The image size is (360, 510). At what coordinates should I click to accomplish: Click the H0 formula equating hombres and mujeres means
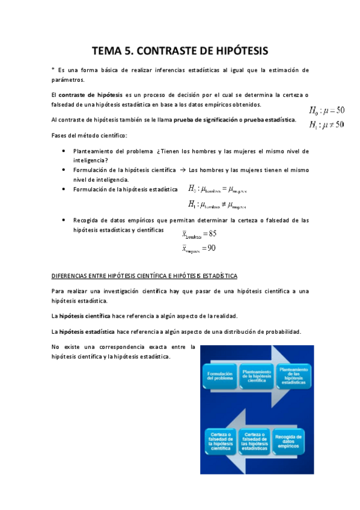tap(217, 189)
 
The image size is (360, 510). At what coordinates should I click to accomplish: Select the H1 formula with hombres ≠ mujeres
tap(217, 204)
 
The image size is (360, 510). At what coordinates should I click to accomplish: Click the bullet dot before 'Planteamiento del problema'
tap(64, 151)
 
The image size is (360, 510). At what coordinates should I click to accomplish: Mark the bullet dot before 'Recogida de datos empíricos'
tap(64, 220)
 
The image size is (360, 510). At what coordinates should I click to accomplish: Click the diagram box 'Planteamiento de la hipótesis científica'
tap(257, 376)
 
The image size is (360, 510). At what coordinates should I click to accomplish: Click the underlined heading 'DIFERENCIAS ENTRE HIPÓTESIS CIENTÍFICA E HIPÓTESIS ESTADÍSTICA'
tap(144, 276)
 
